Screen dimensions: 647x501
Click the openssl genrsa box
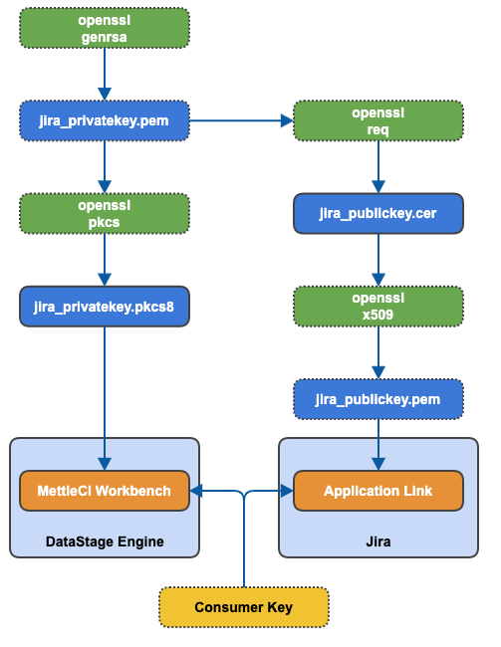pyautogui.click(x=104, y=28)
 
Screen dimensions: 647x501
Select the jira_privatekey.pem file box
pyautogui.click(x=104, y=120)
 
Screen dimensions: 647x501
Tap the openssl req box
pyautogui.click(x=377, y=120)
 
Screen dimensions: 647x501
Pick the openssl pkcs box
pyautogui.click(x=104, y=213)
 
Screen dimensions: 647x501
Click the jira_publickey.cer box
pyautogui.click(x=377, y=213)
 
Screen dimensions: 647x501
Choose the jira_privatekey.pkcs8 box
pyautogui.click(x=104, y=307)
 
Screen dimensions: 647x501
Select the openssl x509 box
pyautogui.click(x=377, y=307)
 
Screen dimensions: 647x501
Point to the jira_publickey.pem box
pyautogui.click(x=377, y=399)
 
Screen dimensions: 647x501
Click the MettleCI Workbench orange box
pyautogui.click(x=104, y=491)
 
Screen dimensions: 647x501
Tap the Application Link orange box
pyautogui.click(x=377, y=491)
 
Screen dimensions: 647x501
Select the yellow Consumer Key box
pyautogui.click(x=243, y=607)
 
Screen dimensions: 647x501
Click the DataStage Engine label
pyautogui.click(x=104, y=540)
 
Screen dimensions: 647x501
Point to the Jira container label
pyautogui.click(x=377, y=540)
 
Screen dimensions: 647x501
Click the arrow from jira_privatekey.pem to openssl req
pyautogui.click(x=239, y=120)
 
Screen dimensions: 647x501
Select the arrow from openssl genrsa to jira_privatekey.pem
pyautogui.click(x=104, y=74)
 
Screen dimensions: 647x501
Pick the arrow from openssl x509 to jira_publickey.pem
pyautogui.click(x=377, y=352)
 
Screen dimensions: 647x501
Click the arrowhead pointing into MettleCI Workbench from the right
pyautogui.click(x=196, y=491)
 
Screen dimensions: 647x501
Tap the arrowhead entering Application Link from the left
pyautogui.click(x=286, y=491)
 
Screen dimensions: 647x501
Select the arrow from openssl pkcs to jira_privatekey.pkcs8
pyautogui.click(x=104, y=260)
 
